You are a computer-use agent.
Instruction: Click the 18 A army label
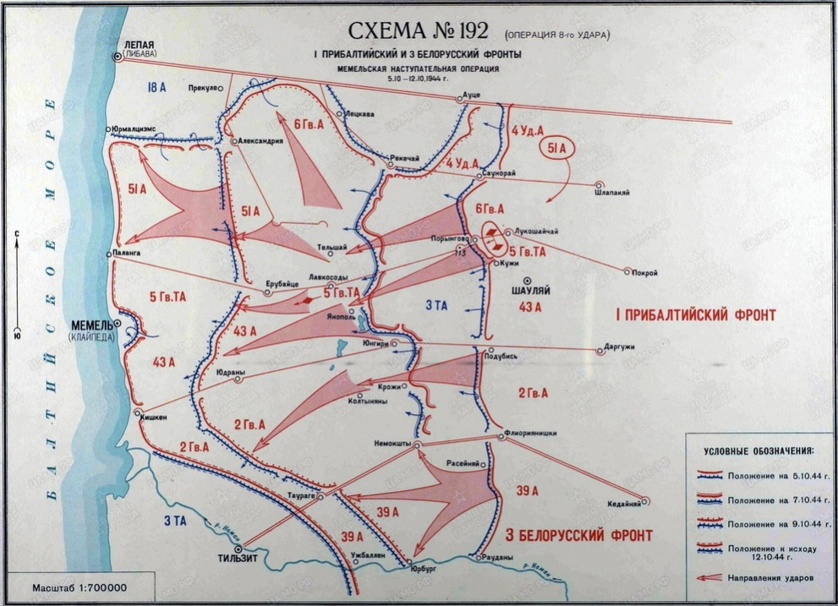point(154,87)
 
